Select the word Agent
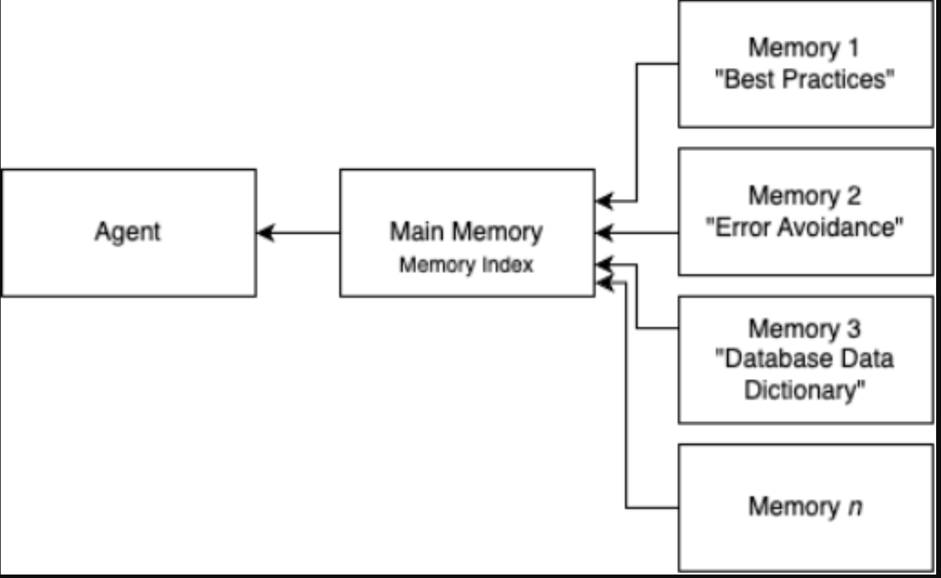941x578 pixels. (x=127, y=231)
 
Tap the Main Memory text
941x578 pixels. (x=466, y=231)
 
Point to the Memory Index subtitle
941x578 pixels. (x=466, y=265)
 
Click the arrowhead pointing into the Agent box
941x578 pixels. (x=264, y=233)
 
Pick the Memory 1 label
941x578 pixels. (x=804, y=48)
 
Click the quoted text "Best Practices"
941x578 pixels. (x=804, y=79)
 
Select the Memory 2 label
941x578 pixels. (x=804, y=196)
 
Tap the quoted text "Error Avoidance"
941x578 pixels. (x=804, y=227)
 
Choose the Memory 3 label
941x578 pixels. (x=804, y=328)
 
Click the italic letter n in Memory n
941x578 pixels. (x=855, y=507)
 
